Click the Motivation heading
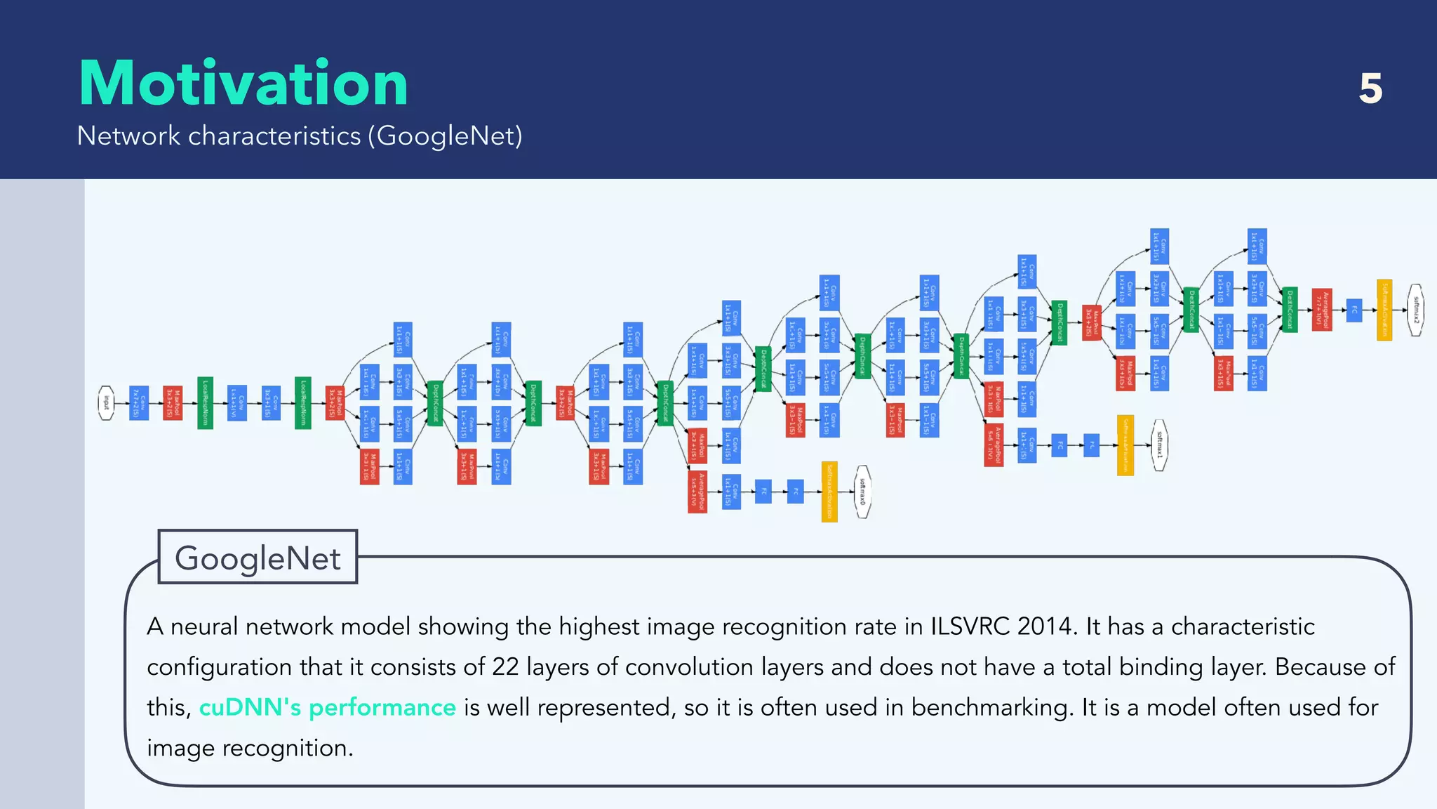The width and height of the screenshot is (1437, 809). point(243,84)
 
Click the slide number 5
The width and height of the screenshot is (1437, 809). point(1370,88)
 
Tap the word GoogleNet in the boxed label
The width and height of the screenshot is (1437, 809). point(258,558)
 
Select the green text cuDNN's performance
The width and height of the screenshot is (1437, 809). point(327,707)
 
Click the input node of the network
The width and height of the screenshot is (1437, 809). point(106,403)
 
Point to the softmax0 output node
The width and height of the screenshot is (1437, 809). point(863,492)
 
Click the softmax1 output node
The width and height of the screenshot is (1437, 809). point(1159,445)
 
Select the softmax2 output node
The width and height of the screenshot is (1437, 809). point(1416,310)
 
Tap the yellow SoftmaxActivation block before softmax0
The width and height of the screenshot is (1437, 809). point(829,492)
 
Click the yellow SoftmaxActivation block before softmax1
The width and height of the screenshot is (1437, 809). point(1125,445)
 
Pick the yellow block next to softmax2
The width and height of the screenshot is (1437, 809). point(1384,310)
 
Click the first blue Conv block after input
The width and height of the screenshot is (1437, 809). point(139,403)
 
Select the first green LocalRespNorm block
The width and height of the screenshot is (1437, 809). point(205,403)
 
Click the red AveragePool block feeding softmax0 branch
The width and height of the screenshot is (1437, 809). point(697,492)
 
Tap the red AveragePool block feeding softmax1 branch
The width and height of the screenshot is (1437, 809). point(994,445)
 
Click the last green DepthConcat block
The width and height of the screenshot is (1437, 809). point(1289,310)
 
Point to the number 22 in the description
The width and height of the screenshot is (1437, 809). point(505,667)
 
